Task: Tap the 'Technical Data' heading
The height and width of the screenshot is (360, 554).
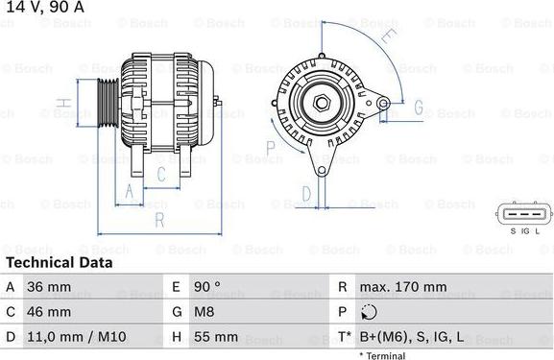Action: pyautogui.click(x=60, y=262)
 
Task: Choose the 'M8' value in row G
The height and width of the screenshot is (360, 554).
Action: pyautogui.click(x=206, y=312)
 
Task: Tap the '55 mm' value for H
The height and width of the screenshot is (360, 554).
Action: pyautogui.click(x=216, y=337)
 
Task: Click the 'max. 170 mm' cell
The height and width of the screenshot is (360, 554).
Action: pyautogui.click(x=403, y=287)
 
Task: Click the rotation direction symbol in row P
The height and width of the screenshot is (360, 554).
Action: pyautogui.click(x=371, y=312)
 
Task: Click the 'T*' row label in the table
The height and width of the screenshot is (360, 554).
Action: pyautogui.click(x=343, y=337)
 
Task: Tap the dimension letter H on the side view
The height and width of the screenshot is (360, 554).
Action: pyautogui.click(x=60, y=103)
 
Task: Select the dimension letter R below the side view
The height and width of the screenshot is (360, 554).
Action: pyautogui.click(x=159, y=220)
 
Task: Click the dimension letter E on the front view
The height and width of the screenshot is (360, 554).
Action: pyautogui.click(x=388, y=37)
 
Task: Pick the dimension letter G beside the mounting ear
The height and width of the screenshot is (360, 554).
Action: pyautogui.click(x=418, y=107)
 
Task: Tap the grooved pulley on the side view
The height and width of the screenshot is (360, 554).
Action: pyautogui.click(x=108, y=102)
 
